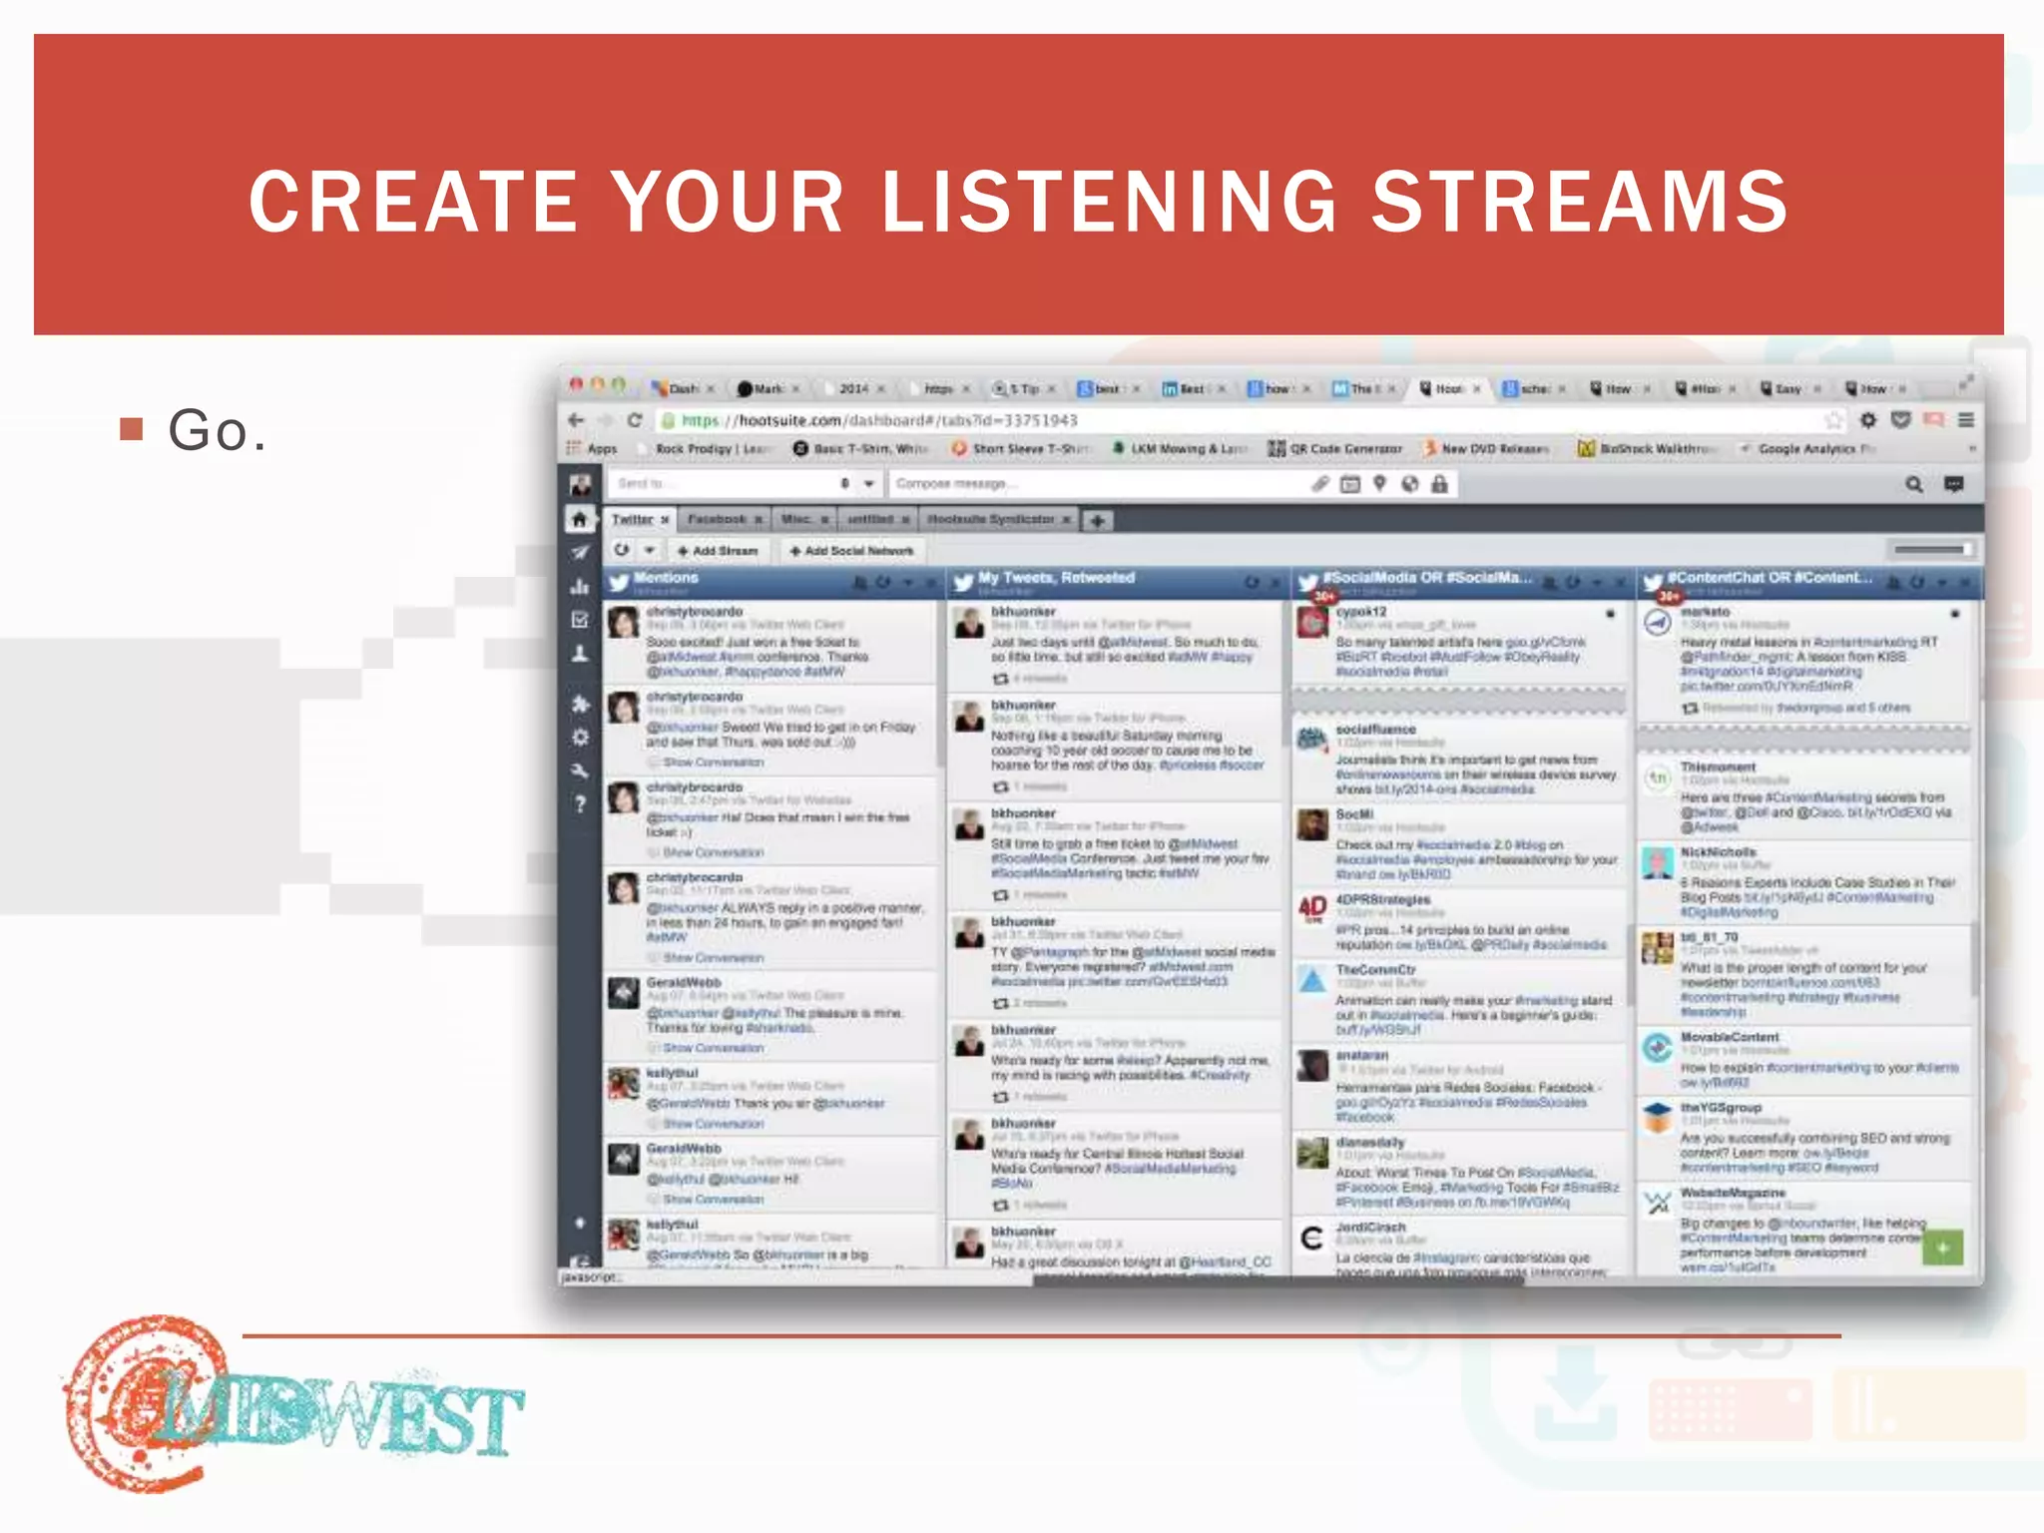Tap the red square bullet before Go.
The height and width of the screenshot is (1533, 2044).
tap(131, 429)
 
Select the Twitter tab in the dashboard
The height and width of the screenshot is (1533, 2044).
tap(633, 520)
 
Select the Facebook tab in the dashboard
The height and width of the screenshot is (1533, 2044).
tap(717, 520)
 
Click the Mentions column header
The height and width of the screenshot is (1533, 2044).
tap(667, 578)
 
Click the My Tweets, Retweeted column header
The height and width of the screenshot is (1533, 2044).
tap(1056, 578)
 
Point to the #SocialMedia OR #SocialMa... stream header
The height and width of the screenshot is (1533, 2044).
tap(1427, 578)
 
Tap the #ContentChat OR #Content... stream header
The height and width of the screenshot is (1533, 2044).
tap(1771, 578)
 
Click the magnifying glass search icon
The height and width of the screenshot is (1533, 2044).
tap(1913, 484)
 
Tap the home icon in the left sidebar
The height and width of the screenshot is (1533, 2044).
tap(579, 520)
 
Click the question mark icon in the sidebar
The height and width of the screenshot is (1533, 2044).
tap(580, 804)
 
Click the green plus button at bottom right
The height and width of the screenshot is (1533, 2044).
tap(1942, 1248)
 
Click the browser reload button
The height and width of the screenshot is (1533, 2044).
tap(634, 420)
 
